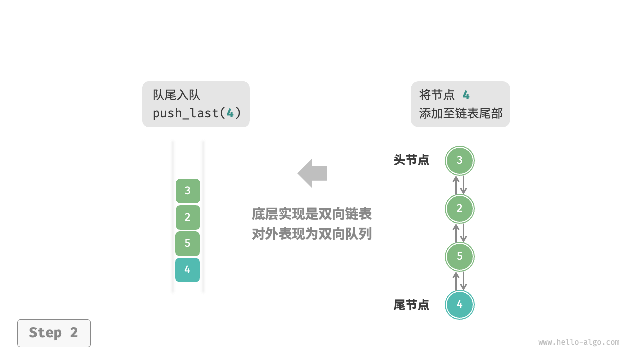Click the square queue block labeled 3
[x=188, y=191]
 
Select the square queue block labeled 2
[x=188, y=217]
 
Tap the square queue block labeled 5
[x=187, y=244]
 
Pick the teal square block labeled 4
[x=187, y=270]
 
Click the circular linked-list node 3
[x=459, y=160]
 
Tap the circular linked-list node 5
[x=459, y=257]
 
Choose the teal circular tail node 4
[x=459, y=304]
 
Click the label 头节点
[x=411, y=160]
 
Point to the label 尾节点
[x=411, y=305]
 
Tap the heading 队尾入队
[x=176, y=95]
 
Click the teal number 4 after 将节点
[x=466, y=95]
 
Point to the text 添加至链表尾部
[x=461, y=113]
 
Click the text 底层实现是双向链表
[x=312, y=214]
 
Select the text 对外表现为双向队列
[x=312, y=234]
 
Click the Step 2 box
[x=54, y=333]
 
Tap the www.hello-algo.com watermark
[x=579, y=342]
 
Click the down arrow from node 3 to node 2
[x=463, y=185]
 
